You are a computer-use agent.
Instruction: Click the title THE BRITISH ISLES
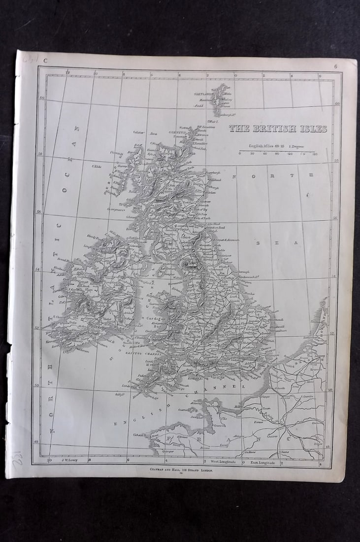(278, 129)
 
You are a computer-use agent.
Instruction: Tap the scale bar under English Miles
(277, 151)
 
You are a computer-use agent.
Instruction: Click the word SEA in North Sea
(276, 242)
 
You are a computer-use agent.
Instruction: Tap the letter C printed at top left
(45, 61)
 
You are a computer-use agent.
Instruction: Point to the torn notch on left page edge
(8, 348)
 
